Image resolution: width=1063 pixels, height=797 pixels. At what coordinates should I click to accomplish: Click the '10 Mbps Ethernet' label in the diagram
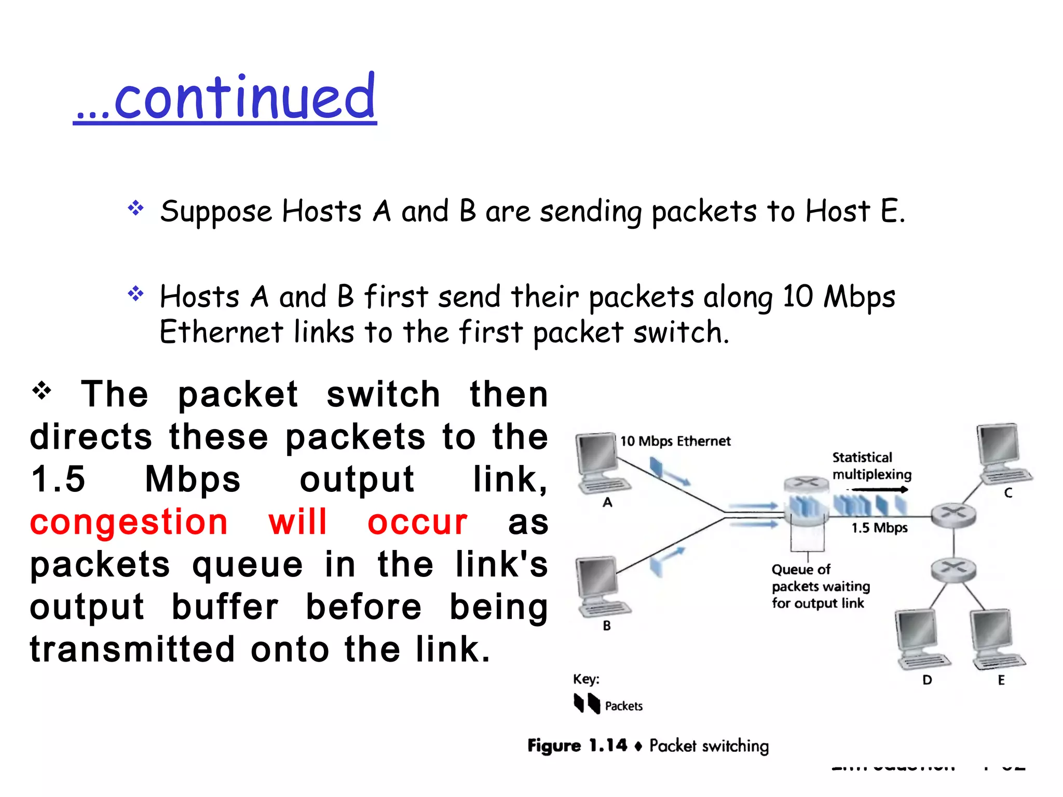pos(675,441)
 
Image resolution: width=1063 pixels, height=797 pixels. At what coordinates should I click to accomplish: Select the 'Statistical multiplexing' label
pos(871,466)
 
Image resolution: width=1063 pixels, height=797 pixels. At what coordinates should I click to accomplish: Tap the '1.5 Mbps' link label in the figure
pos(879,528)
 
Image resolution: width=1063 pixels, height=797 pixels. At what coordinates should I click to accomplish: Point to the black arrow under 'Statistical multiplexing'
pos(879,489)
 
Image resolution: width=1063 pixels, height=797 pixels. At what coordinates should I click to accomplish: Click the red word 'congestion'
pos(129,522)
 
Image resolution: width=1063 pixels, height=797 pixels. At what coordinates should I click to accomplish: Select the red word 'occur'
pos(417,522)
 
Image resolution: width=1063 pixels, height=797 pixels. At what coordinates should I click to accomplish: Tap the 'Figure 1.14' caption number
pos(577,746)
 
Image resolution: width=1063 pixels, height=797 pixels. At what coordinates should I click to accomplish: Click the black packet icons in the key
pos(587,704)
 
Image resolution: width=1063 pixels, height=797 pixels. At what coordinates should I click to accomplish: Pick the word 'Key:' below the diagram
pos(586,679)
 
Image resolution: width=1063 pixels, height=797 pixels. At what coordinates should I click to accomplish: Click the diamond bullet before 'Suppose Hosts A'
pos(136,209)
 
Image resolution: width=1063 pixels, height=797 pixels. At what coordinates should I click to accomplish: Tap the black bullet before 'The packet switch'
pos(42,391)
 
